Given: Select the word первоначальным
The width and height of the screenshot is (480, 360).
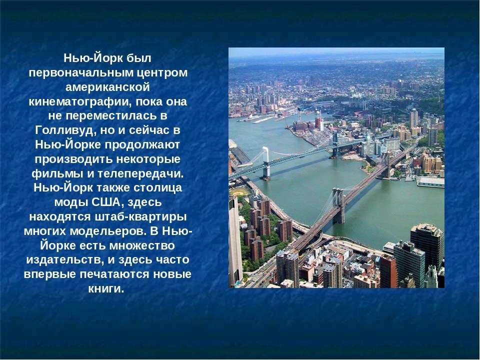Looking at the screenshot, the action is pos(80,73).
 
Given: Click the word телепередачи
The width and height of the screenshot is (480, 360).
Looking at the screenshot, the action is pos(141,174).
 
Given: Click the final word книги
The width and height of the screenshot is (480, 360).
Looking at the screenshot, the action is pos(106,288).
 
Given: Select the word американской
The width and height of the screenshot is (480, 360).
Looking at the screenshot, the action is pos(108,87).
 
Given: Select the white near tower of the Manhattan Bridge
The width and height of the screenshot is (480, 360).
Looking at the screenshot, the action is pos(266,163).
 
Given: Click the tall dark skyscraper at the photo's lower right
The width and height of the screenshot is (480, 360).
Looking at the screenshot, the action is pos(426,247).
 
